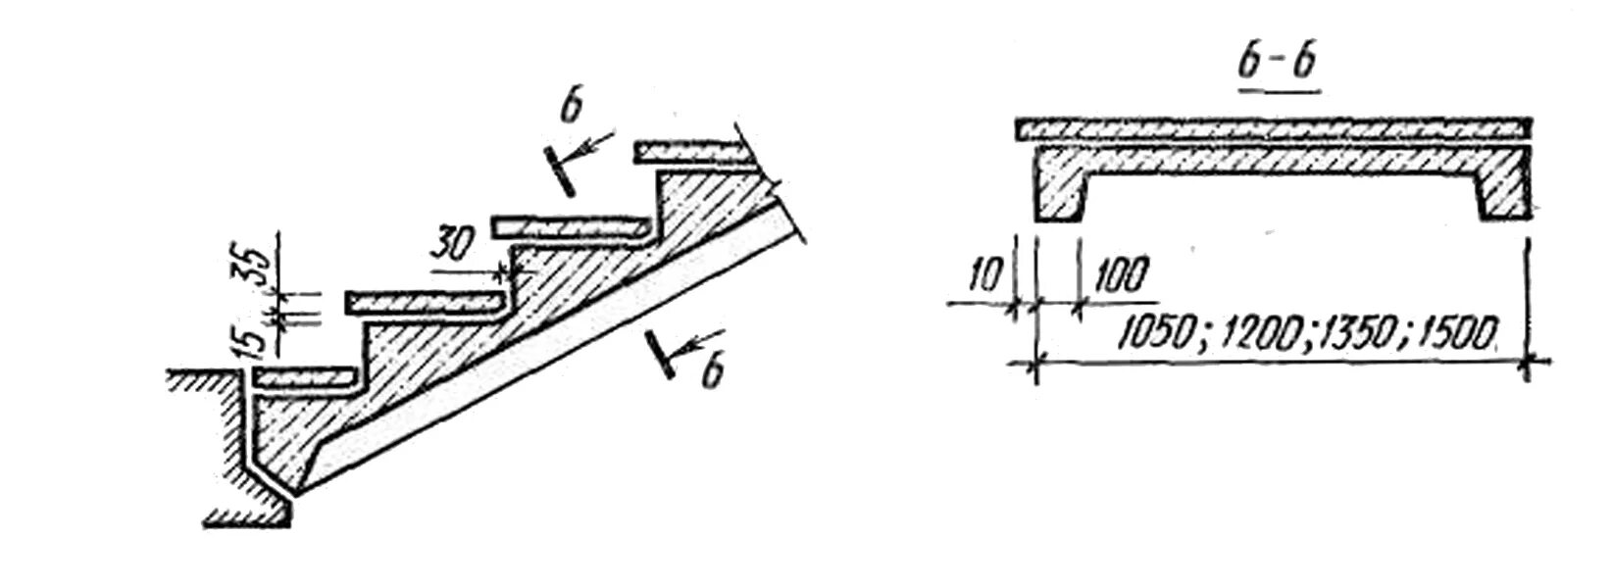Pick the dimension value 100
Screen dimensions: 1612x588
1118,278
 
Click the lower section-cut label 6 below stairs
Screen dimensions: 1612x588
713,373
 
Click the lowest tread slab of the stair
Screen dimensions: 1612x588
303,375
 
